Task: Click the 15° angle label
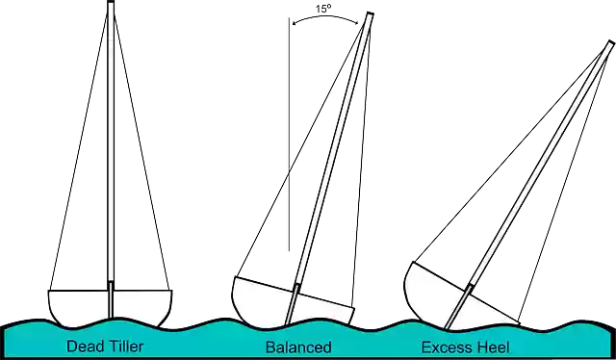(324, 9)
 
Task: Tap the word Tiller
(124, 347)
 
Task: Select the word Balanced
(298, 347)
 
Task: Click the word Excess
(446, 347)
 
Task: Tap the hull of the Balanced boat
(260, 302)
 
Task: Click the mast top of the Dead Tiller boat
(111, 4)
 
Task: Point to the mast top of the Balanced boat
(369, 16)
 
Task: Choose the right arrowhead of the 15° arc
(358, 22)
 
